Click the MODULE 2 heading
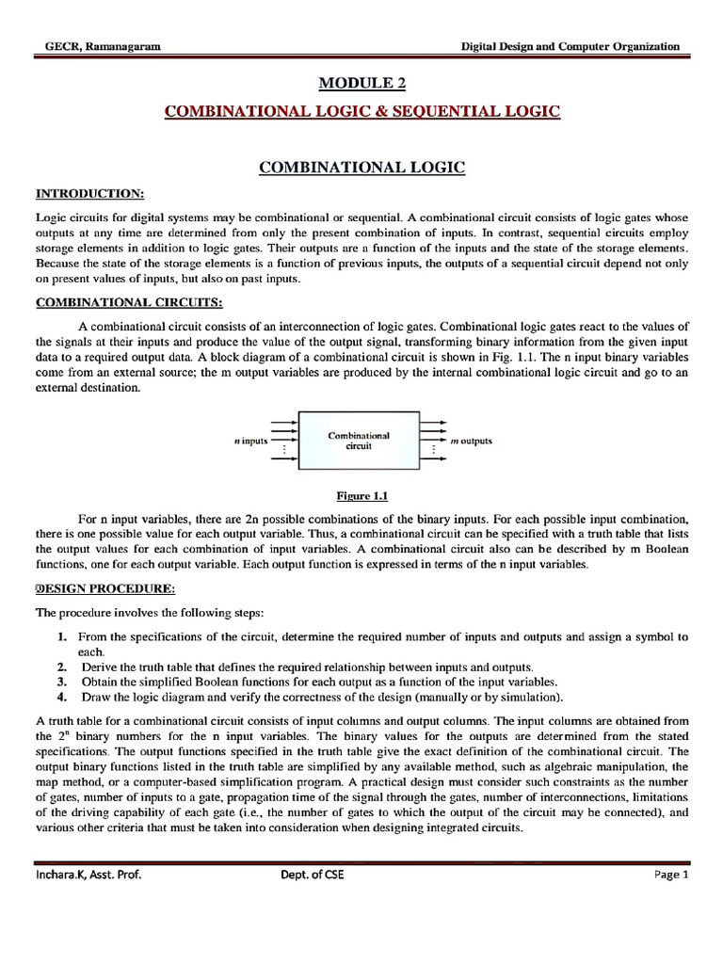coord(362,84)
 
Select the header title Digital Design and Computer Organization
coord(569,46)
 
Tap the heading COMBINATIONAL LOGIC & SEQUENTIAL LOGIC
coord(362,112)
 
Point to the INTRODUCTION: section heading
coord(89,194)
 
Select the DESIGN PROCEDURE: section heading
coord(104,589)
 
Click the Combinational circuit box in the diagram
coord(358,441)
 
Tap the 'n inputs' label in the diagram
coord(251,441)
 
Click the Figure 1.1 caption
coord(362,495)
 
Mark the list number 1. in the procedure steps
coord(61,637)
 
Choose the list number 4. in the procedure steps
coord(61,697)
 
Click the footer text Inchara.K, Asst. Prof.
coord(90,875)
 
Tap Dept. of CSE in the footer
coord(312,875)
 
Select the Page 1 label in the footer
coord(672,875)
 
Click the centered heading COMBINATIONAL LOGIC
coord(362,168)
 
